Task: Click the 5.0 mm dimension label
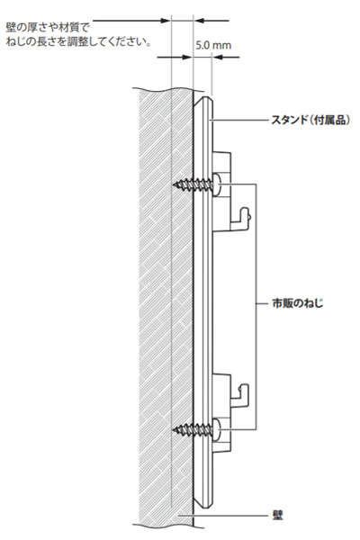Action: [x=213, y=45]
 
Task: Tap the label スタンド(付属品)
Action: [x=310, y=120]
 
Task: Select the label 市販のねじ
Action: [x=298, y=303]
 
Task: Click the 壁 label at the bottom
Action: [x=277, y=516]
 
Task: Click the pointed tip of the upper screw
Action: [x=174, y=185]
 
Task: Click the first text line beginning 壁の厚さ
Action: [x=47, y=27]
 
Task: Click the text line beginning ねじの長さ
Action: [x=78, y=42]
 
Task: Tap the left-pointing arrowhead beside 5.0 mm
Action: [x=217, y=58]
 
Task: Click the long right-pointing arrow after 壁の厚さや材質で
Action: [x=131, y=21]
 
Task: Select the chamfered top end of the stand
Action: [x=203, y=103]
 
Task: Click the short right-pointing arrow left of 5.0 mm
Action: [x=175, y=58]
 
